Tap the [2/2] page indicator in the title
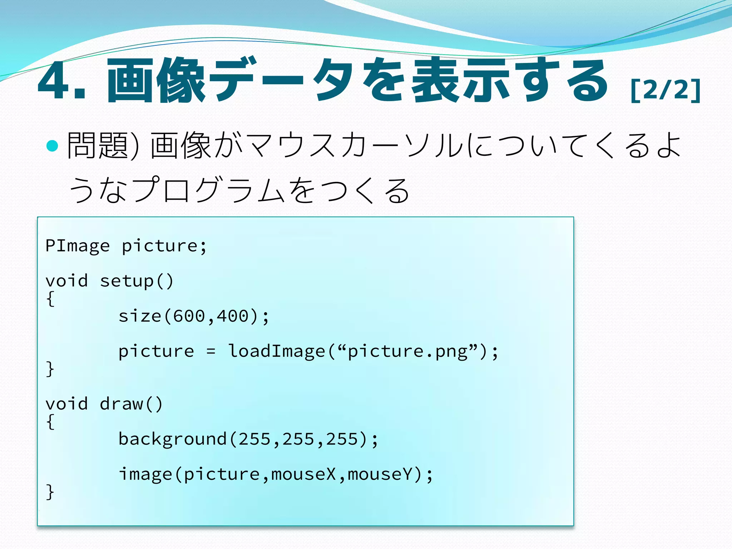coord(665,90)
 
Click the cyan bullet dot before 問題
coord(53,145)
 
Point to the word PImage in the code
coord(78,246)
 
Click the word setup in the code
coord(127,281)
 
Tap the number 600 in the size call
coord(189,316)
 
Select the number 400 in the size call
coord(233,316)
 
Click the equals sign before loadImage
coord(211,351)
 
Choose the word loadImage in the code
coord(276,351)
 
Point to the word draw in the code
coord(122,404)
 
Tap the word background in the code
coord(173,439)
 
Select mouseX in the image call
coord(303,474)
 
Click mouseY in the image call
coord(380,474)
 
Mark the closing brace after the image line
coord(50,492)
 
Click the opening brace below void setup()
coord(50,298)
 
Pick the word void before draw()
coord(66,404)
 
